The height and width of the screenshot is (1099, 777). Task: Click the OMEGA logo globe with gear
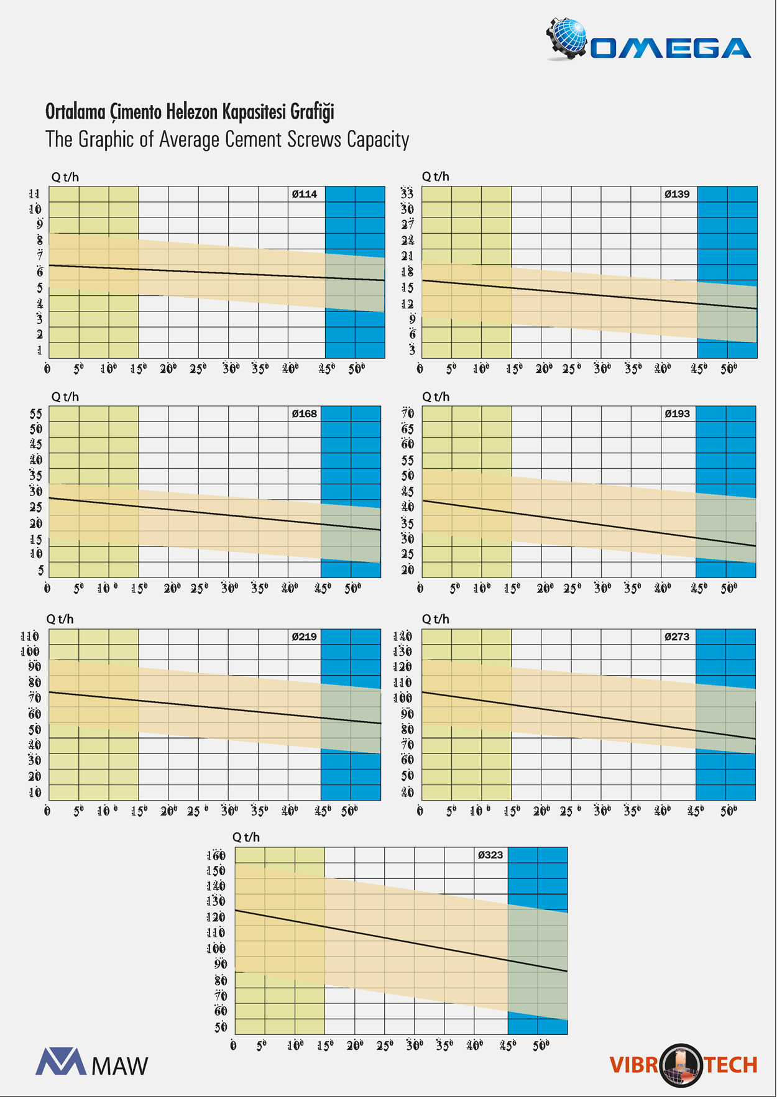tap(567, 39)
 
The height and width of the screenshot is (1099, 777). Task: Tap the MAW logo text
tap(119, 1065)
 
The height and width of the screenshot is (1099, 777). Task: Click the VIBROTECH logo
tap(683, 1065)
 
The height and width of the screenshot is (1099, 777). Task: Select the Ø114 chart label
tap(305, 194)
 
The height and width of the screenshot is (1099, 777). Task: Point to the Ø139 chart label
tap(677, 194)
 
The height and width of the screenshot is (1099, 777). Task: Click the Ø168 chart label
tap(305, 413)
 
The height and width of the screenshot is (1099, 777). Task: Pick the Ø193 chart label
tap(677, 413)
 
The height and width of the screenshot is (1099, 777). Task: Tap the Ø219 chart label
tap(305, 637)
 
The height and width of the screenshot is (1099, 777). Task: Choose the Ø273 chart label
tap(677, 637)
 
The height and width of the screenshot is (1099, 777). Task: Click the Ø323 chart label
tap(490, 855)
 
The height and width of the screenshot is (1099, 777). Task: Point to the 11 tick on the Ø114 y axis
tap(35, 194)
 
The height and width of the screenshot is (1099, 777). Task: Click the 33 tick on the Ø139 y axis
tap(407, 193)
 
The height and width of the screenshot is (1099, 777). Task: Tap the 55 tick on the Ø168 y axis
tap(36, 413)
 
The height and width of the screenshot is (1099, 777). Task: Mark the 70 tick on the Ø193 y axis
tap(408, 413)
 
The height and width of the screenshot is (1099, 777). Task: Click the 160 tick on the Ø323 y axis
tap(216, 855)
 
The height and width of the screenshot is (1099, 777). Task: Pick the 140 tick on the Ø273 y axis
tap(403, 637)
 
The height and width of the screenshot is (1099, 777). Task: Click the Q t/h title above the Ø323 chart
tap(246, 837)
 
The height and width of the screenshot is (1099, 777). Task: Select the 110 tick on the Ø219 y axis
tap(30, 637)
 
